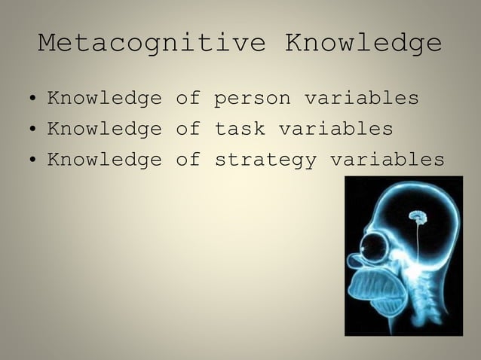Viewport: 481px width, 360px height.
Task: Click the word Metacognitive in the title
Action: click(152, 44)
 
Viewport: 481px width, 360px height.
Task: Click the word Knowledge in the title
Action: click(363, 44)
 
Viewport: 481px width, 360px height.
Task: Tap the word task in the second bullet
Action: click(240, 130)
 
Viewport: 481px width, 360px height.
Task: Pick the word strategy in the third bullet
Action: click(265, 160)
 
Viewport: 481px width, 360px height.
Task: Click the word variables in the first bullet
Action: click(361, 99)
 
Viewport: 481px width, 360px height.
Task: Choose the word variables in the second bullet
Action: click(335, 130)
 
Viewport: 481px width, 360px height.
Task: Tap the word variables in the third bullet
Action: click(387, 160)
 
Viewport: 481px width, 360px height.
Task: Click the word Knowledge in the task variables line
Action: click(104, 130)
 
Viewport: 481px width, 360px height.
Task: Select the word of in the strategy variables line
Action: click(188, 160)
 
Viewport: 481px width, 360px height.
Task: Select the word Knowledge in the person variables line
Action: click(104, 99)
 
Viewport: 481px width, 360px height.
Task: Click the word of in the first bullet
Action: click(188, 99)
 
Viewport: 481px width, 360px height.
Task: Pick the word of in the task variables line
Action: click(188, 130)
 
